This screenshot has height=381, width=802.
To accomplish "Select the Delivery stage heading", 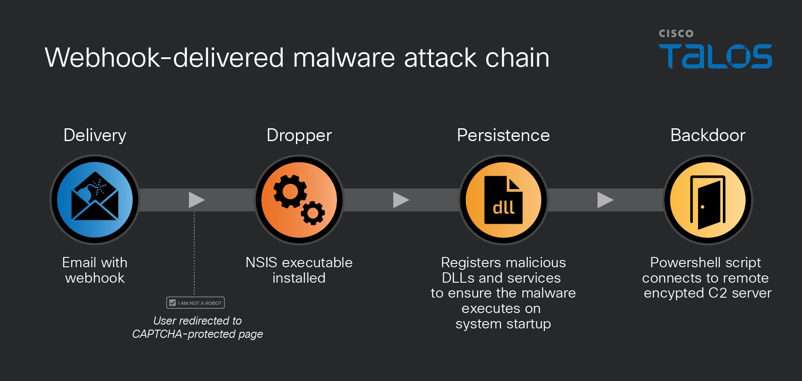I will pyautogui.click(x=95, y=135).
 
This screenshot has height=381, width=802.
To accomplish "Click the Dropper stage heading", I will pyautogui.click(x=299, y=135).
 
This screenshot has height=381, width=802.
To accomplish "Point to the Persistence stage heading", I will pyautogui.click(x=503, y=135).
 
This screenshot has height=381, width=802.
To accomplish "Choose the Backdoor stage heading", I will pyautogui.click(x=707, y=135).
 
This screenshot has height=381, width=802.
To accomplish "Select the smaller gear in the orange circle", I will pyautogui.click(x=313, y=213).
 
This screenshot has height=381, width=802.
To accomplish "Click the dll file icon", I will pyautogui.click(x=503, y=200).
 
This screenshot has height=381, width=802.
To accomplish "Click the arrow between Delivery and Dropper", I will pyautogui.click(x=196, y=200).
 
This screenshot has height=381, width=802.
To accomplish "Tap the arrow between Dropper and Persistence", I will pyautogui.click(x=401, y=200).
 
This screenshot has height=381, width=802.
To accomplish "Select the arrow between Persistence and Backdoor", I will pyautogui.click(x=605, y=200).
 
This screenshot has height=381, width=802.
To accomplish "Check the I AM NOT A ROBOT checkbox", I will pyautogui.click(x=172, y=303).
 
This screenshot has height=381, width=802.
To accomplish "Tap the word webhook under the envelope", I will pyautogui.click(x=95, y=278).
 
